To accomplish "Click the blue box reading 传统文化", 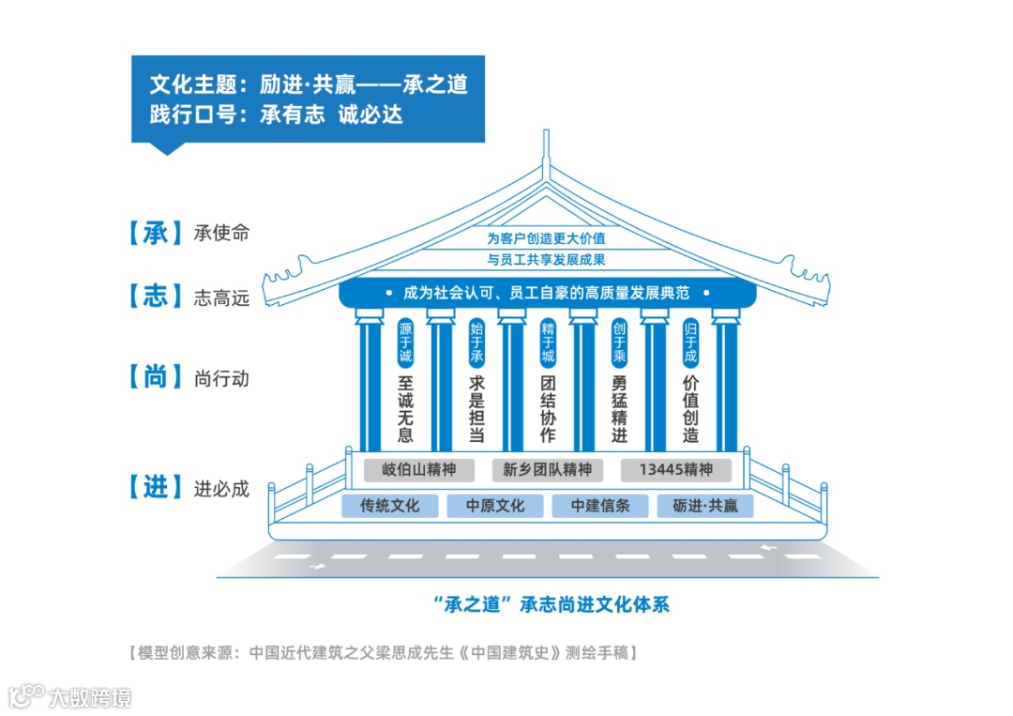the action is (x=390, y=506).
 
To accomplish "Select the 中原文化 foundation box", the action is (x=495, y=506).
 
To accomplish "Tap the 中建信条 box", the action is (x=600, y=506).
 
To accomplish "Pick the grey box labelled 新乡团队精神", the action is (x=547, y=469).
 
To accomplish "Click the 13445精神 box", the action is (x=675, y=469).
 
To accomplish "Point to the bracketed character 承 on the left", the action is (x=155, y=233).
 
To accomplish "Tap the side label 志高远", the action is (x=222, y=298).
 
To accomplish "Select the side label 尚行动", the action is (x=222, y=379).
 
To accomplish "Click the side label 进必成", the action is (x=222, y=489).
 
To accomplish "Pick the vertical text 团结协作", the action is (x=548, y=409).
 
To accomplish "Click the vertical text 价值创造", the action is (x=690, y=409).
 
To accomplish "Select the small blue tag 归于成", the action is (x=690, y=343).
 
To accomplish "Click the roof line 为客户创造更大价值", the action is (x=546, y=238).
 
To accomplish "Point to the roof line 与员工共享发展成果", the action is (x=546, y=259).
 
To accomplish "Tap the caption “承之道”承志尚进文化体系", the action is (x=546, y=603).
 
